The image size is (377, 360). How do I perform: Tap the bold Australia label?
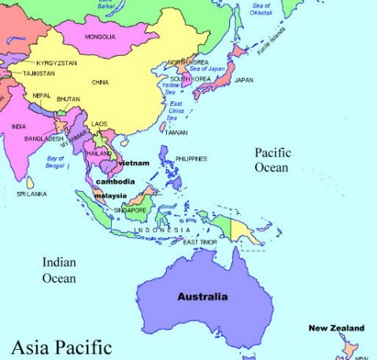point(202,297)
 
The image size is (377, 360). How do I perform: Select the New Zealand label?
point(336,328)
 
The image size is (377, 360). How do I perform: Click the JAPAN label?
point(244,80)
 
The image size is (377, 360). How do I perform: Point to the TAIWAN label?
point(176,132)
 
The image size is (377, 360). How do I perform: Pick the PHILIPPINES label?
point(191,159)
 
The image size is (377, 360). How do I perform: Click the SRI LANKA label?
point(32,193)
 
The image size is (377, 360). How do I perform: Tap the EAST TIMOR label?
point(200,242)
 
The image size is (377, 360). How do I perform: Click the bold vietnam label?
point(133,163)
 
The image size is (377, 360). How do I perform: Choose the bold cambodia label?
point(115,182)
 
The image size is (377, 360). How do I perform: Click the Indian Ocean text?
point(59,270)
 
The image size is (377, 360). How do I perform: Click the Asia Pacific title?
point(61,346)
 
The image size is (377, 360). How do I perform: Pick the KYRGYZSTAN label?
point(56,62)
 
